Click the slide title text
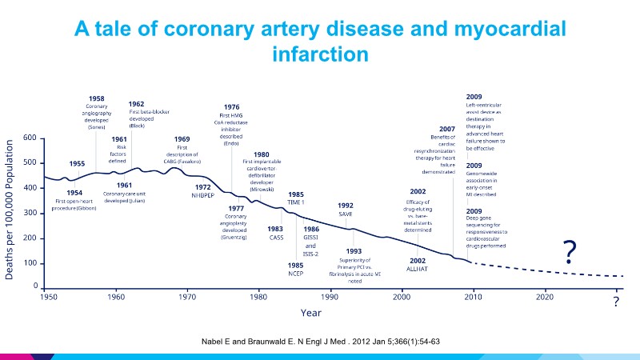pyautogui.click(x=320, y=42)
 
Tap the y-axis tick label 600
pyautogui.click(x=29, y=138)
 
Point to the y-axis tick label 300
pyautogui.click(x=29, y=213)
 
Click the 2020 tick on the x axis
pyautogui.click(x=544, y=297)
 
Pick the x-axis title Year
pyautogui.click(x=311, y=313)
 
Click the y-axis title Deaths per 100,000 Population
pyautogui.click(x=10, y=212)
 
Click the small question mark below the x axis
pyautogui.click(x=616, y=302)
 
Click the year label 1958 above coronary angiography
pyautogui.click(x=97, y=98)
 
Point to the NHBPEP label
pyautogui.click(x=202, y=196)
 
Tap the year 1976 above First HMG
pyautogui.click(x=231, y=107)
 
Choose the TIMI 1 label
pyautogui.click(x=295, y=202)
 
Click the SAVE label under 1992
pyautogui.click(x=346, y=214)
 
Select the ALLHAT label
pyautogui.click(x=418, y=270)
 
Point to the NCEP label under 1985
pyautogui.click(x=295, y=274)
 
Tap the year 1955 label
pyautogui.click(x=77, y=163)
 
